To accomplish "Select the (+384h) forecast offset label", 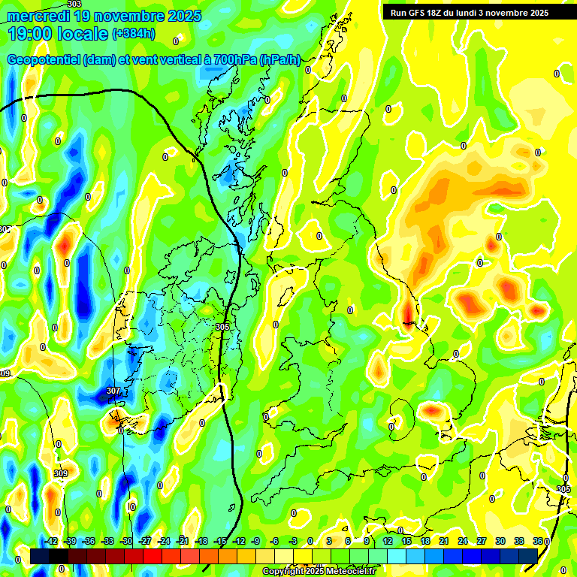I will pyautogui.click(x=134, y=34).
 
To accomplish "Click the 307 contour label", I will pyautogui.click(x=113, y=391).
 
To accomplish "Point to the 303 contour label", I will pyautogui.click(x=74, y=4).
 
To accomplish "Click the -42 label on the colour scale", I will pyautogui.click(x=51, y=541).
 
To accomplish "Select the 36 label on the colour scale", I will pyautogui.click(x=538, y=541).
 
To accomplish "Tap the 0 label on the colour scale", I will pyautogui.click(x=310, y=541).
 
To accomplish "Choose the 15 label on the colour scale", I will pyautogui.click(x=406, y=541).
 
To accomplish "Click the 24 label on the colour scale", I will pyautogui.click(x=463, y=541).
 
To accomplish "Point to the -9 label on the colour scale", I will pyautogui.click(x=255, y=541).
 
